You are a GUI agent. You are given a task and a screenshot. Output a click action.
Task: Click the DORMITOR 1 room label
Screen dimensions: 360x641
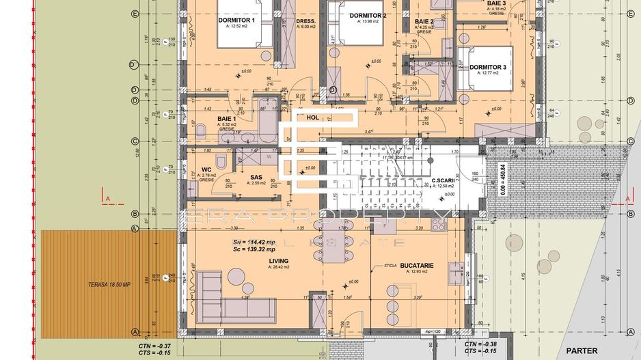click(x=236, y=20)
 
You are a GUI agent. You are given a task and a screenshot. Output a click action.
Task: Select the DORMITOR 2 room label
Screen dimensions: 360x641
click(x=368, y=15)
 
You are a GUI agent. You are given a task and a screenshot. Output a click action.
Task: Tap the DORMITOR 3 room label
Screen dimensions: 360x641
click(x=487, y=67)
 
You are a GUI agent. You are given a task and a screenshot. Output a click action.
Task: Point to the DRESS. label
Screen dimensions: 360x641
click(x=305, y=20)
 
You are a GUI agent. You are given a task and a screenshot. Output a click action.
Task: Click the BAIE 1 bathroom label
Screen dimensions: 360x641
click(x=228, y=119)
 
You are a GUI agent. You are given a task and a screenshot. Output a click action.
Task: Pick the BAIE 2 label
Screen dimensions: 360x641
click(x=424, y=22)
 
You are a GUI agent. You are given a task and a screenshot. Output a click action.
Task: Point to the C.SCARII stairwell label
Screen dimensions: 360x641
click(x=444, y=181)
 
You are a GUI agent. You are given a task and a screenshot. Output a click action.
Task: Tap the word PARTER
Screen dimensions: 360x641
click(x=582, y=350)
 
